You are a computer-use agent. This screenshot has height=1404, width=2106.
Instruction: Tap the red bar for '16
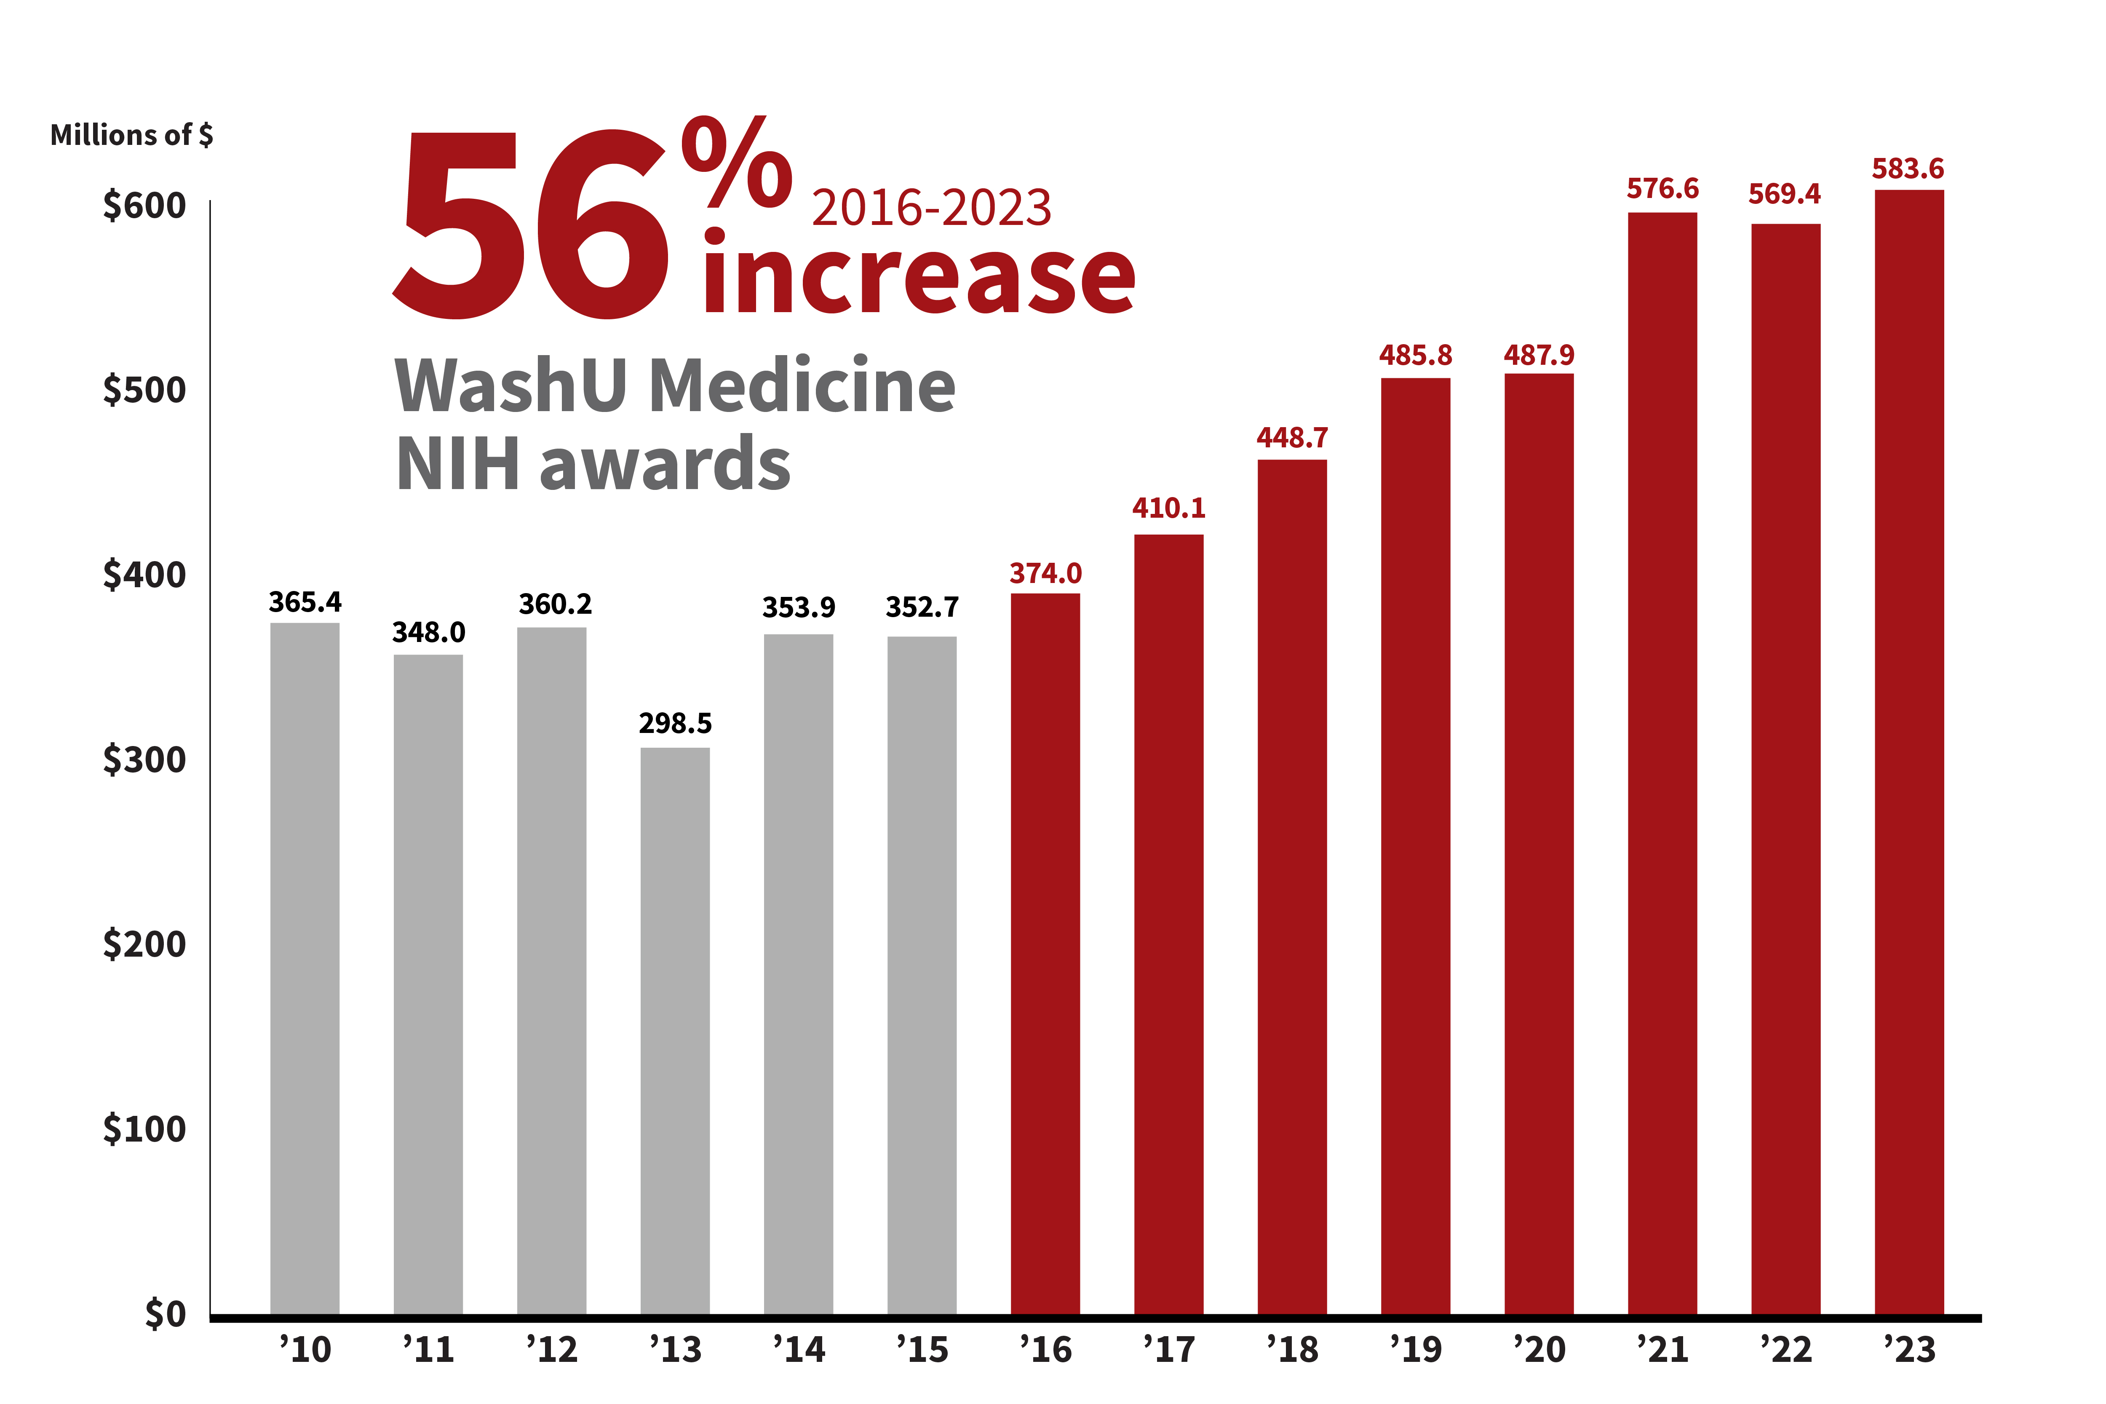pos(1045,954)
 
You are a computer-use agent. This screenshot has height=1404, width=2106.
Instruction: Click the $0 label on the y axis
pos(166,1313)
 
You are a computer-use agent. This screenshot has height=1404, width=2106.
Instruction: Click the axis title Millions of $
pos(131,135)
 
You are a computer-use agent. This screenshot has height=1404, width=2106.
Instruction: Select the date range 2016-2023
pos(931,208)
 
